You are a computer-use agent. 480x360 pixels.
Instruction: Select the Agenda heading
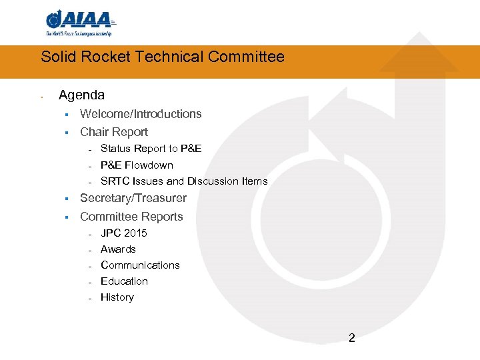[81, 95]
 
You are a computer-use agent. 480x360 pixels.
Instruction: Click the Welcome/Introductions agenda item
[141, 114]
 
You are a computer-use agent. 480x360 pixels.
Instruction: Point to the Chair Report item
[114, 132]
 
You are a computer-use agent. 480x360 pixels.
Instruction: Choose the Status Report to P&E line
[151, 149]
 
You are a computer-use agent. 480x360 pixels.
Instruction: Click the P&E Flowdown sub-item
[137, 165]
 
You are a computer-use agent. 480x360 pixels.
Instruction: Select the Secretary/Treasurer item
[133, 198]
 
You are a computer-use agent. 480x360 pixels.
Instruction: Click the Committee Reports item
[131, 217]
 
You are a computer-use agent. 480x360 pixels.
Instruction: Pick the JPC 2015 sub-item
[124, 233]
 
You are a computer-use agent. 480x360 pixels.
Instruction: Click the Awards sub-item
[118, 249]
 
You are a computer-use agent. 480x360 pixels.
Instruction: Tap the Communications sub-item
[140, 265]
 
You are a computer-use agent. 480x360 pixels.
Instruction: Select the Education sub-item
[124, 281]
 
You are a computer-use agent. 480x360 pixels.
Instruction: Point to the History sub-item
[117, 297]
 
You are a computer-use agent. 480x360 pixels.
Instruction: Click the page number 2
[352, 338]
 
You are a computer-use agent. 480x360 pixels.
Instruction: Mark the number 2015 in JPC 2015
[135, 233]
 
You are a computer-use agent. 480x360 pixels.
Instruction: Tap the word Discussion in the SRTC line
[211, 181]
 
